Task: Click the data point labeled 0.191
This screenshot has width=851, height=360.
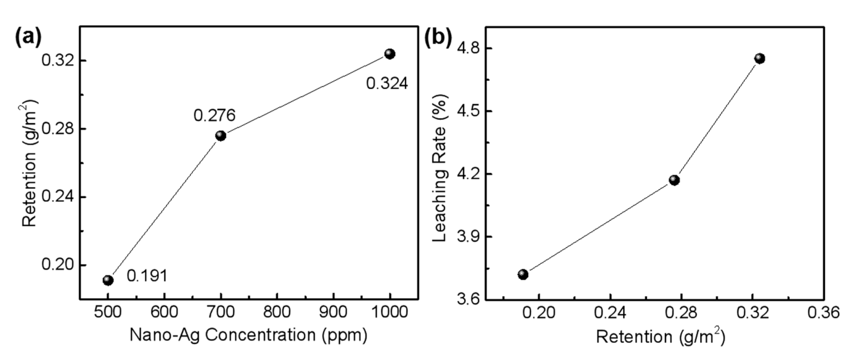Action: [x=108, y=280]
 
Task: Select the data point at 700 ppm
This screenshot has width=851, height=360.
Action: [x=221, y=136]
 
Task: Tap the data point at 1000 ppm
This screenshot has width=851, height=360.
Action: [x=390, y=54]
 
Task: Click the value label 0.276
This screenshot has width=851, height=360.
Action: [x=214, y=116]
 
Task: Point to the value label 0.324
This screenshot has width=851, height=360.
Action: [x=387, y=84]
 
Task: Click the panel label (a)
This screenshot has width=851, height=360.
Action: [x=28, y=38]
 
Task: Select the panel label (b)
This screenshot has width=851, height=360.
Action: [x=438, y=38]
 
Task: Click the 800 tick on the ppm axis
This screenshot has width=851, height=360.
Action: [x=277, y=312]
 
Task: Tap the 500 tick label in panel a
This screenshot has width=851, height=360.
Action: [x=108, y=312]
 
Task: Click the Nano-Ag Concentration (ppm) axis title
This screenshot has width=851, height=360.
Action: [x=249, y=335]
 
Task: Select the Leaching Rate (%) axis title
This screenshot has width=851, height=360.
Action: [x=440, y=168]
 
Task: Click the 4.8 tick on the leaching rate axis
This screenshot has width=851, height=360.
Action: [x=468, y=49]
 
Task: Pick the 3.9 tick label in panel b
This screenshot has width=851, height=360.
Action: [x=468, y=237]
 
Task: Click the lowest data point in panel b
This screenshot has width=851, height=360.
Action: [x=523, y=274]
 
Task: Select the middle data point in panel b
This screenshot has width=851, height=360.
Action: [x=674, y=180]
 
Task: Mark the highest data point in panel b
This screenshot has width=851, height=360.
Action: [x=760, y=58]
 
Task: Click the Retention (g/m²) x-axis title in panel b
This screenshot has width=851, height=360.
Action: [x=660, y=337]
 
